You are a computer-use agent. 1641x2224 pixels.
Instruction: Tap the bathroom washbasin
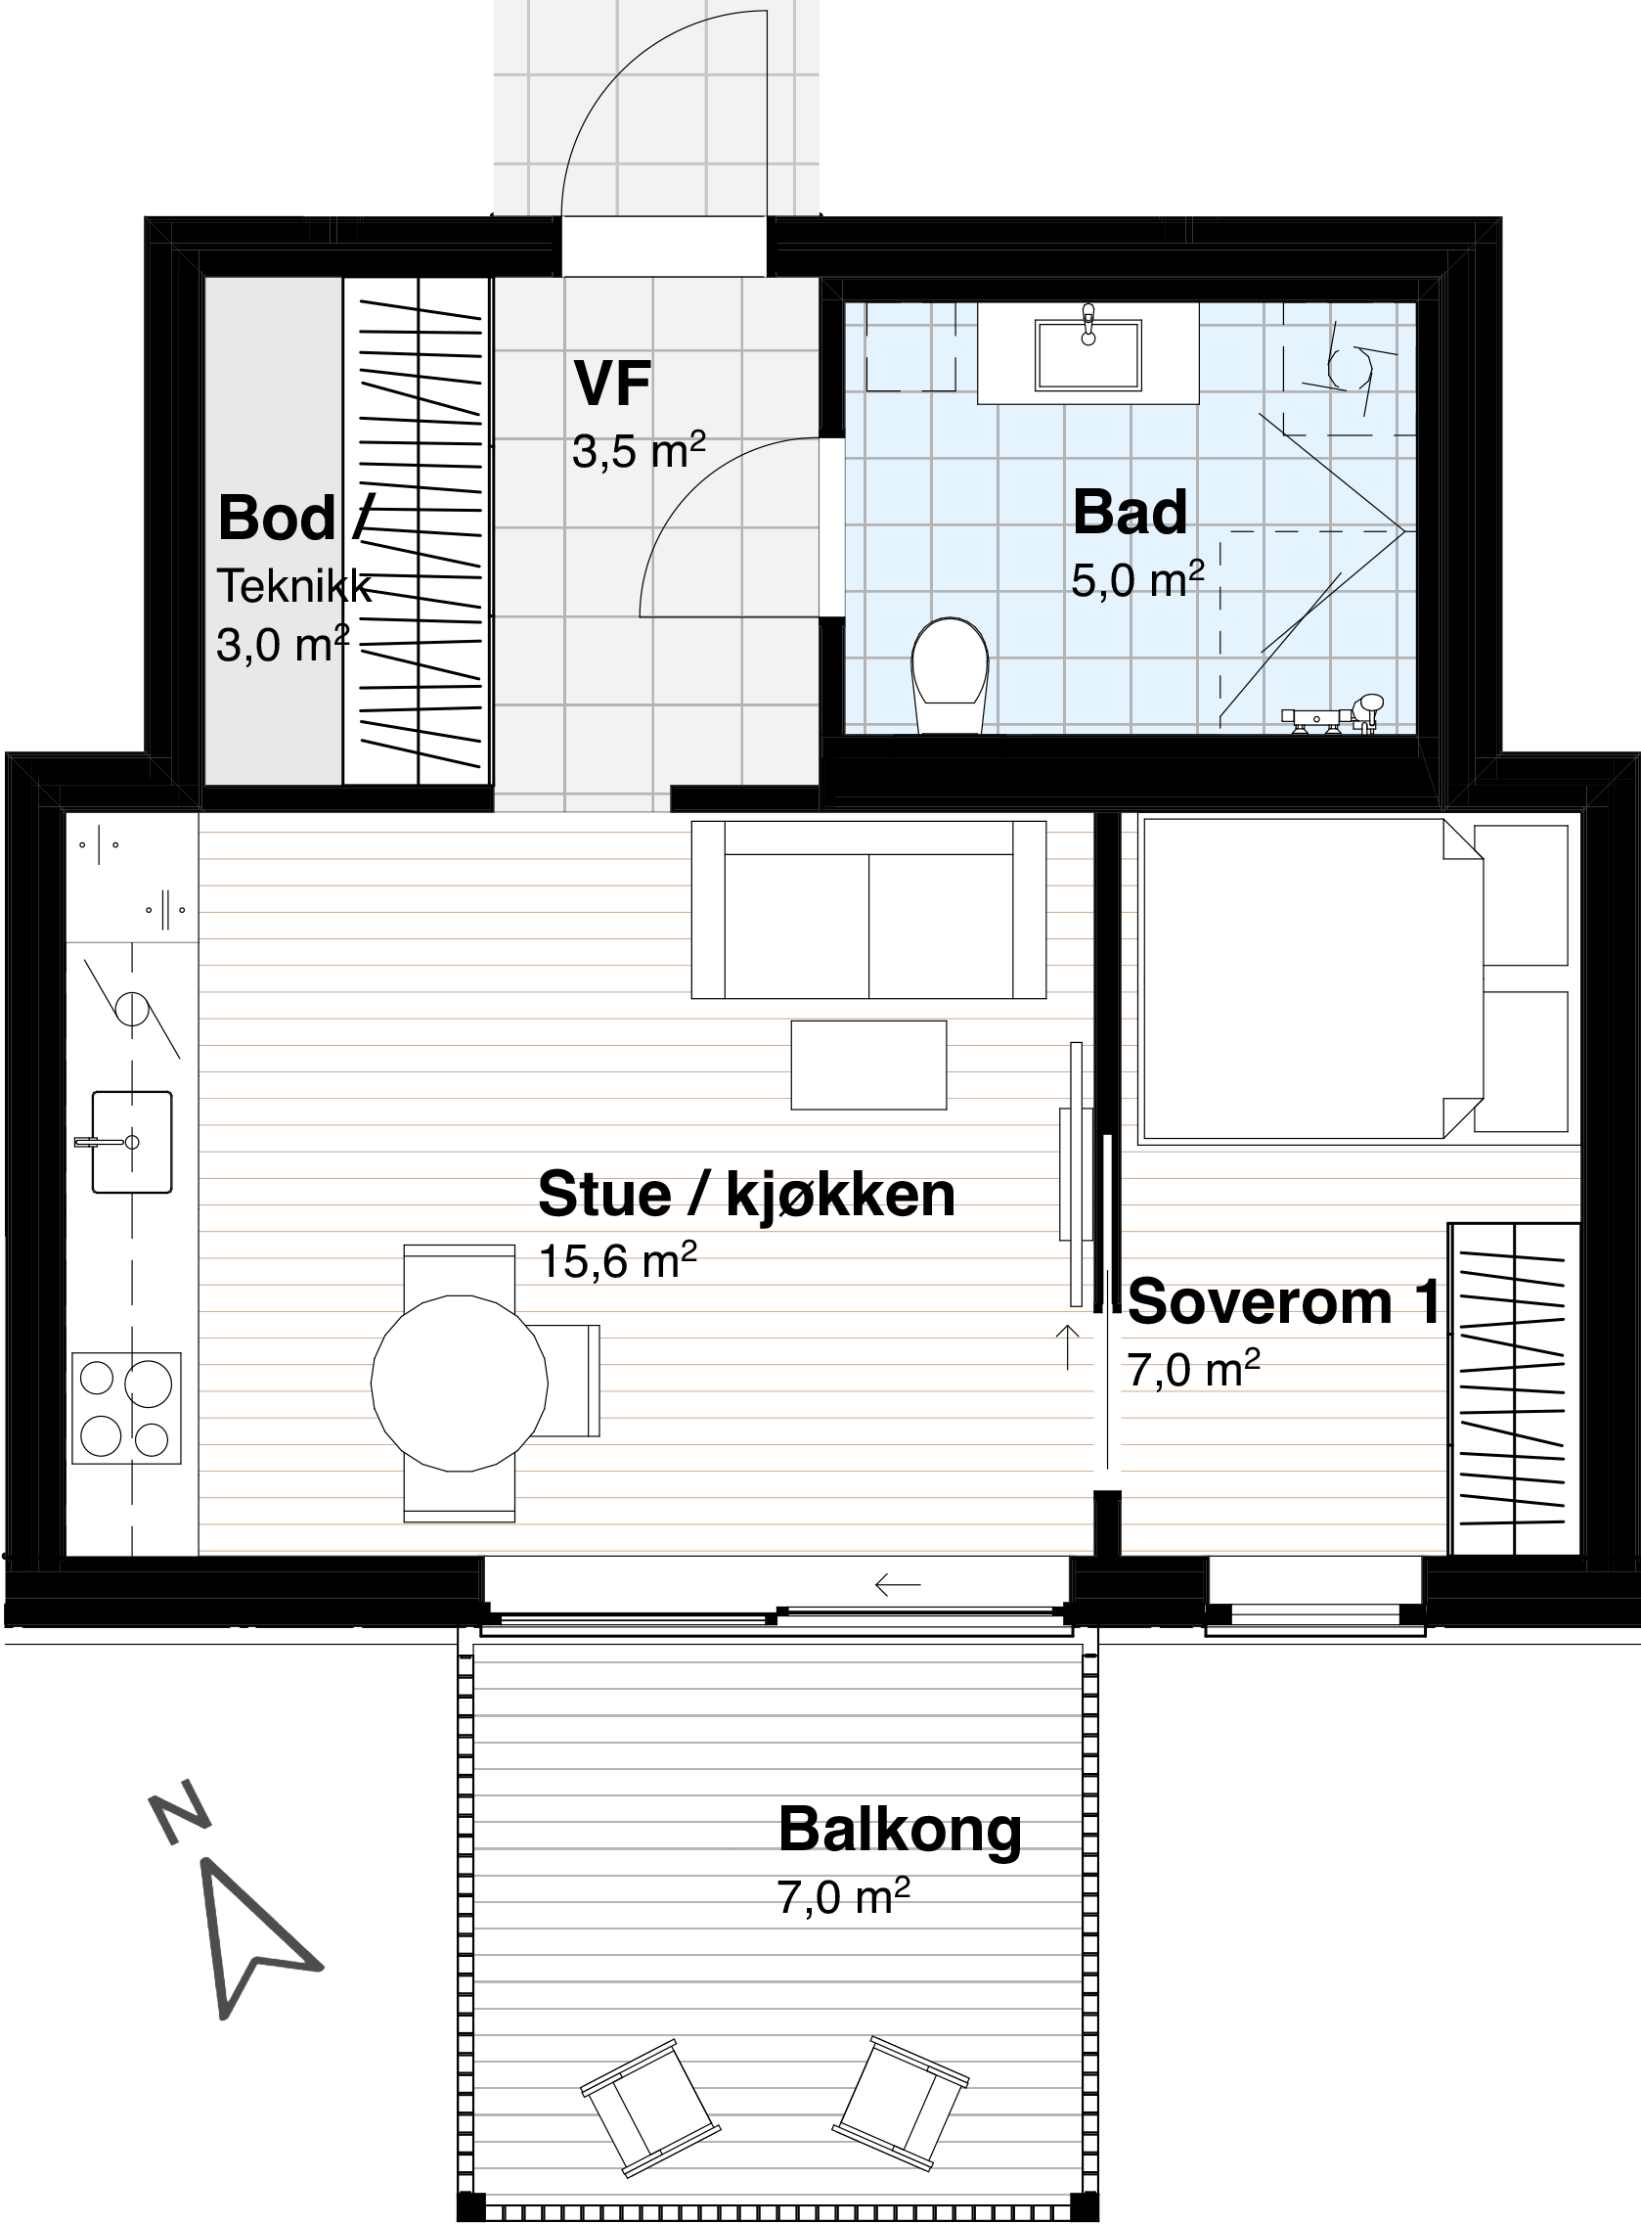[1087, 353]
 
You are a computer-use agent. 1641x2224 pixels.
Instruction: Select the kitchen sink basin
[131, 1141]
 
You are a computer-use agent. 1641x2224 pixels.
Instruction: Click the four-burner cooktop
[126, 1407]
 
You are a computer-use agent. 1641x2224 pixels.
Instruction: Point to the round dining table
[459, 1383]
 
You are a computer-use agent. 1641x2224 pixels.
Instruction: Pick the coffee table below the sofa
[868, 1065]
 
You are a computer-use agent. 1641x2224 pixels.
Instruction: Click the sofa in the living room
[868, 909]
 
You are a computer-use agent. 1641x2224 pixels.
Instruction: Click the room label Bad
[1130, 512]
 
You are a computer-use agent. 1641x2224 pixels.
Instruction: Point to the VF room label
[613, 384]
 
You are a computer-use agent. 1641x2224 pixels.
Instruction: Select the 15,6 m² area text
[617, 1261]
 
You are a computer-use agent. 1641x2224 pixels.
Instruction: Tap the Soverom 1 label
[1283, 1300]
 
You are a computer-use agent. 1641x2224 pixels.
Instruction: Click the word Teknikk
[294, 586]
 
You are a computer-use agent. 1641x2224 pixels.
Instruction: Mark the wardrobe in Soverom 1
[1514, 1388]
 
